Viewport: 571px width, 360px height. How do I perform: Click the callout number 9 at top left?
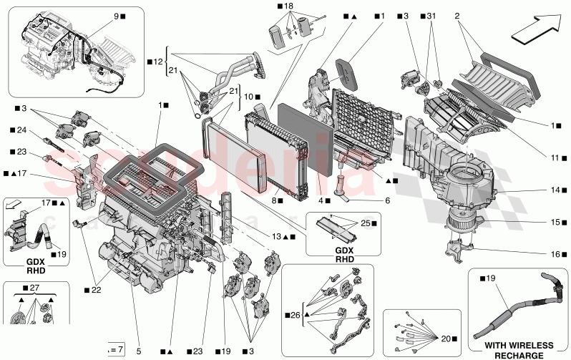116,15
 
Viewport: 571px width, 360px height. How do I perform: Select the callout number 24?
23,130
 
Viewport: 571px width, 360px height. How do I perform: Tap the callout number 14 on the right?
555,190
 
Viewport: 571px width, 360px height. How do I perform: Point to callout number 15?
555,222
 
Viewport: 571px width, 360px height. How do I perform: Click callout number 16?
555,253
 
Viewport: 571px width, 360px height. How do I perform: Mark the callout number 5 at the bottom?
140,351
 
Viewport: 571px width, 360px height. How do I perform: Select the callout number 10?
245,96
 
